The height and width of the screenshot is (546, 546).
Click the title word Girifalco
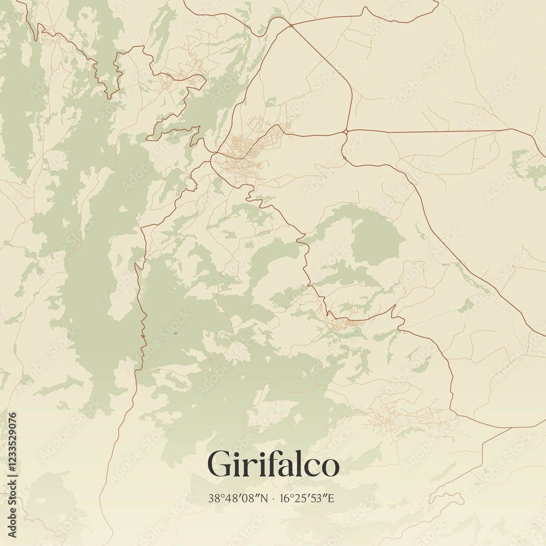[x=273, y=465]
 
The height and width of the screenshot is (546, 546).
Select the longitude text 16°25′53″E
[x=307, y=498]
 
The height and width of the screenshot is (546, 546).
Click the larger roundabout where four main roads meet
[x=346, y=132]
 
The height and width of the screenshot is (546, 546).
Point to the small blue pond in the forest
[x=175, y=333]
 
